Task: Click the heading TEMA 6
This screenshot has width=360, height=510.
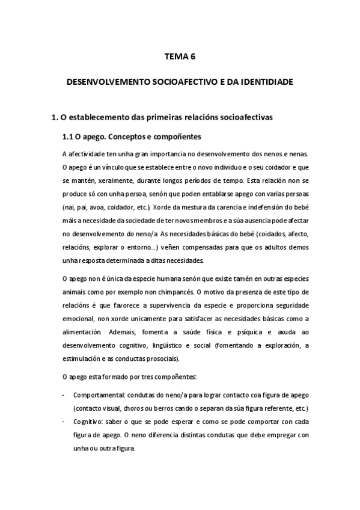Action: pos(180,57)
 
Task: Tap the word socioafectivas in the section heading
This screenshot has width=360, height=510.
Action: pos(244,117)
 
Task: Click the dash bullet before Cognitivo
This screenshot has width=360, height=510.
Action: pos(64,422)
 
